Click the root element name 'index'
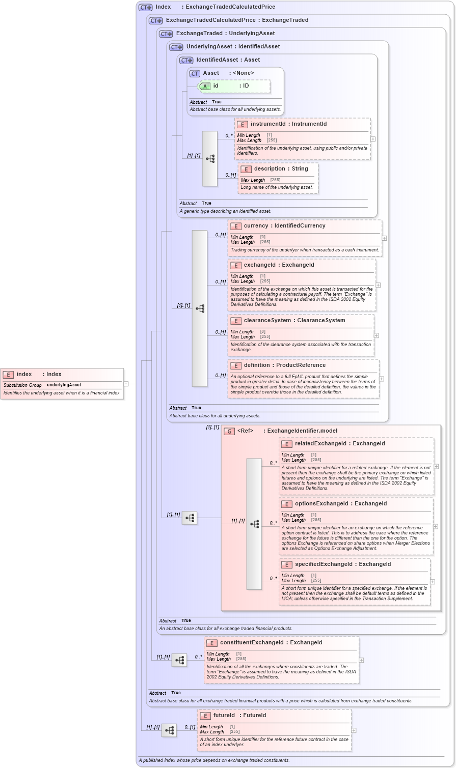coord(24,374)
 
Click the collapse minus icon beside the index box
coord(126,384)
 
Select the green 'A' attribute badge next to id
coord(205,86)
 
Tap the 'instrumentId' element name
coord(267,124)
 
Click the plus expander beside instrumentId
coord(373,139)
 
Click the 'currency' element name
coord(256,225)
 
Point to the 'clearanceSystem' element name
coord(267,320)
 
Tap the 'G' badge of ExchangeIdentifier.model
coord(229,431)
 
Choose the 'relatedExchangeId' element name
coord(320,444)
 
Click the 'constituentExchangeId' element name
coord(252,642)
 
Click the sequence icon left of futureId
coord(169,730)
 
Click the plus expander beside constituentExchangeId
coord(361,660)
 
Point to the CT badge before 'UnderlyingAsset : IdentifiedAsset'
coord(176,47)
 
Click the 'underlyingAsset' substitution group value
coord(64,385)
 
